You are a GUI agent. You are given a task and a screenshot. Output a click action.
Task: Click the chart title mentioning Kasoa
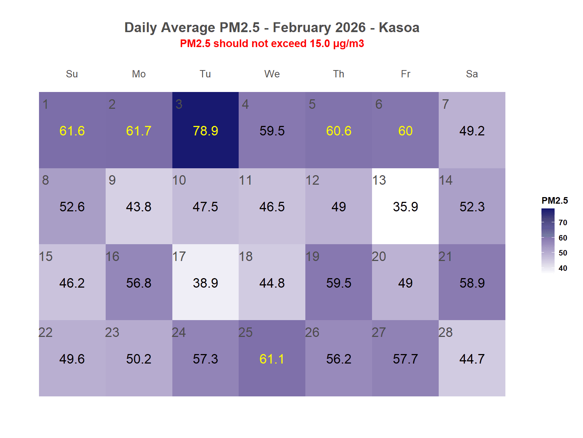click(272, 27)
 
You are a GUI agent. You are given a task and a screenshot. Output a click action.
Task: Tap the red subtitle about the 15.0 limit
click(272, 43)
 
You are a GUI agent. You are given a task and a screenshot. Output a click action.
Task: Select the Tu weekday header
click(205, 74)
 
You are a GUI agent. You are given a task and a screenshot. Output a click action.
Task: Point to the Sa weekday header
click(472, 74)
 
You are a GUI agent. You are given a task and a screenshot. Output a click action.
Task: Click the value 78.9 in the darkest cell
click(206, 131)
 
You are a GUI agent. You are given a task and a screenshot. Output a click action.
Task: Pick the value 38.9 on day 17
click(206, 283)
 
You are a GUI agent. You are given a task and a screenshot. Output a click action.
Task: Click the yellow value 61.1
click(272, 359)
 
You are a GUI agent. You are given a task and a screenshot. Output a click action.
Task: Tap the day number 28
click(445, 333)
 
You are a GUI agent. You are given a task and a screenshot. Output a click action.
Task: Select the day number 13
click(379, 180)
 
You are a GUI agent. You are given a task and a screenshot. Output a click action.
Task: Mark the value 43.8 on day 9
click(138, 207)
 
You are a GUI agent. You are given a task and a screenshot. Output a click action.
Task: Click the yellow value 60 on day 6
click(405, 131)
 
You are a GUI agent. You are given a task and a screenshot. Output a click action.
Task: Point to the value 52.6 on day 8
click(72, 207)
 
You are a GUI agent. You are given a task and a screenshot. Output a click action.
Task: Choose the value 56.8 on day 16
click(138, 283)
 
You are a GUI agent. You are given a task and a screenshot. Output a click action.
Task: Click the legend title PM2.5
click(555, 200)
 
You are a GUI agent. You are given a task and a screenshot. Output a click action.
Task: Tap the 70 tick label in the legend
click(563, 223)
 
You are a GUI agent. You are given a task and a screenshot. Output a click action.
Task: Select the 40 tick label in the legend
click(563, 268)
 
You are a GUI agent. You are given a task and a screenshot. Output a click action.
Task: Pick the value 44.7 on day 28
click(472, 359)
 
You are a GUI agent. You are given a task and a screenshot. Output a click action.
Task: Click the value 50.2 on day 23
click(138, 359)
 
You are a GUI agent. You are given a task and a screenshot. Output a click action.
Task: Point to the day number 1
click(46, 104)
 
